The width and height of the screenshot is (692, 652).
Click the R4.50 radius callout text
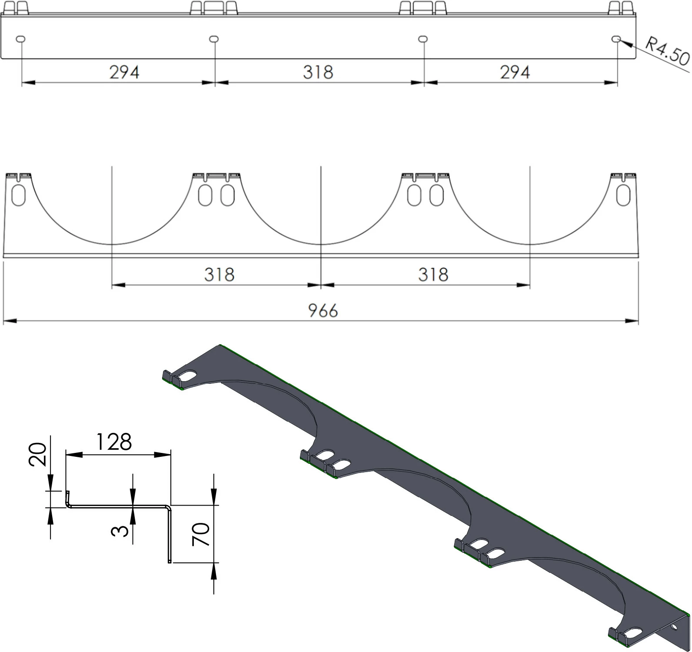667,51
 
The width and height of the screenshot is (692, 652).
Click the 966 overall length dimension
323,311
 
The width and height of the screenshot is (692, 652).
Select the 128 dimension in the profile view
113,442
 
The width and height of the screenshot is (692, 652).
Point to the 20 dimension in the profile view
37,454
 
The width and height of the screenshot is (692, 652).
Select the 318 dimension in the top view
318,72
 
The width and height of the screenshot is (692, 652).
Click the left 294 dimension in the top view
124,72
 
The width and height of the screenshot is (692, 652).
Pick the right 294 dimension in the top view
515,72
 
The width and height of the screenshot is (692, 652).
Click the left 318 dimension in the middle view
219,275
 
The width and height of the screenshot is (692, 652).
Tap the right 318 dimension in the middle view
433,275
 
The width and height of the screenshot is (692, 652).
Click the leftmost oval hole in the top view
20,39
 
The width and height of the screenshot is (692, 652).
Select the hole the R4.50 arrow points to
616,39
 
